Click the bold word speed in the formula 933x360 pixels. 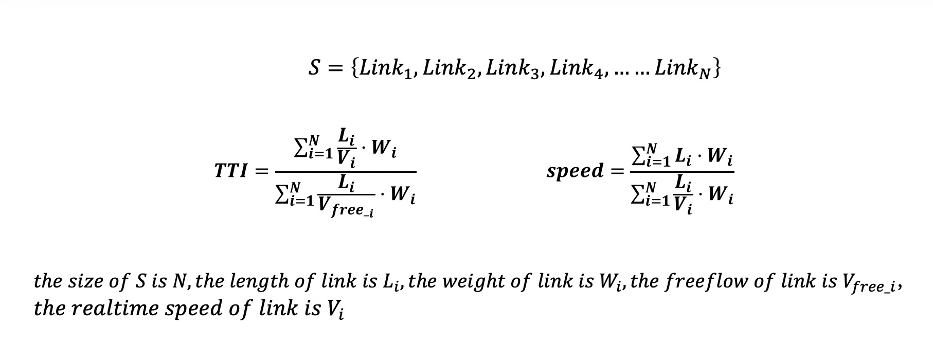[x=575, y=171]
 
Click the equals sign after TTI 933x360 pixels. [x=262, y=171]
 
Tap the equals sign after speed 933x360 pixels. [x=617, y=171]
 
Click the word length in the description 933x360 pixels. [x=257, y=282]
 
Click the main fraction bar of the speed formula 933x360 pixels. [x=682, y=172]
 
